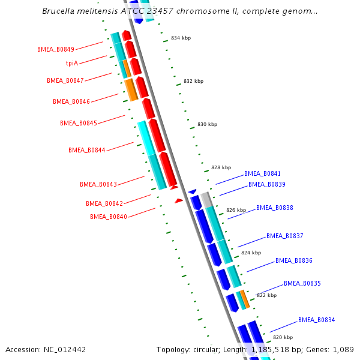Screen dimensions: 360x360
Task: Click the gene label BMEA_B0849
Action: [x=56, y=49]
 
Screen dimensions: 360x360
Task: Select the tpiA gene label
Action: [x=72, y=63]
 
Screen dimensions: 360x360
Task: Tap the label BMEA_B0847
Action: [x=65, y=80]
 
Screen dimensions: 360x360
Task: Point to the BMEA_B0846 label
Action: [x=71, y=102]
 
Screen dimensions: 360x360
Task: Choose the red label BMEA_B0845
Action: [x=78, y=123]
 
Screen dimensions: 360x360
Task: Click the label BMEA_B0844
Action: [x=86, y=150]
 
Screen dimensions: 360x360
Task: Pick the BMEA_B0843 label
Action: [x=98, y=184]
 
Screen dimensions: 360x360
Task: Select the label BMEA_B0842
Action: [x=104, y=203]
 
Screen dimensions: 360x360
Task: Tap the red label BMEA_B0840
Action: [x=109, y=217]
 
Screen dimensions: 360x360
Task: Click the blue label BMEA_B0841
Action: [x=262, y=173]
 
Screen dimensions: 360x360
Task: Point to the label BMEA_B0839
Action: [x=267, y=184]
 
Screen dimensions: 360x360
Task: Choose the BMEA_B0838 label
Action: [x=275, y=208]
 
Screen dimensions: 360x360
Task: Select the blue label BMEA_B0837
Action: [x=285, y=236]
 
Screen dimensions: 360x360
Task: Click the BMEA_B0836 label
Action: [x=294, y=260]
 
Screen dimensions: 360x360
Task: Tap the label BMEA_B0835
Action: [x=302, y=283]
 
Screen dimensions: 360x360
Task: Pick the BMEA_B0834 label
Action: [x=317, y=320]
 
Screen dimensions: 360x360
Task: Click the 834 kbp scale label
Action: [x=181, y=38]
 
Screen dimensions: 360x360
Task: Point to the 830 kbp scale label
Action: [x=207, y=124]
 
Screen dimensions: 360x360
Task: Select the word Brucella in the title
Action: [x=59, y=11]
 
